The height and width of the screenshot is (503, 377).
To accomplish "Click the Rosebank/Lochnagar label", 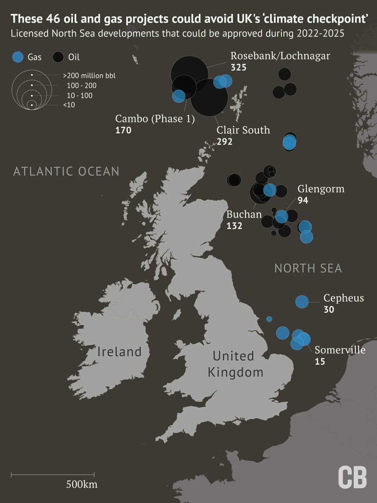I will (x=280, y=56).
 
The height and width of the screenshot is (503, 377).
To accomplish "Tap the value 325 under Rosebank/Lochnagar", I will (x=238, y=67).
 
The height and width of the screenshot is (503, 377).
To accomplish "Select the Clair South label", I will (x=243, y=130).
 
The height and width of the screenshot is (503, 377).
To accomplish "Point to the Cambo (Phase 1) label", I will (x=155, y=119).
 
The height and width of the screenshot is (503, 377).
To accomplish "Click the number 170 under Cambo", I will (x=123, y=130).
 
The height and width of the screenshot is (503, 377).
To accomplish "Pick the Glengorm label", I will (x=321, y=189).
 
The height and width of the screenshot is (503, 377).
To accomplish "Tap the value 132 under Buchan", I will (x=235, y=226).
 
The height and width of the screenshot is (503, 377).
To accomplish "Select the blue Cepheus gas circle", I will (x=302, y=301).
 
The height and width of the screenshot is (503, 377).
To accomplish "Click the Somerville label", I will (x=340, y=350).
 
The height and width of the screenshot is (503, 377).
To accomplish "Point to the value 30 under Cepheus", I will (x=329, y=310).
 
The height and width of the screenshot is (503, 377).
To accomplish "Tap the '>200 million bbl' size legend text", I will (x=89, y=76).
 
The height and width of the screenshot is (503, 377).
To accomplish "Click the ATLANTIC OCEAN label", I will (x=66, y=171).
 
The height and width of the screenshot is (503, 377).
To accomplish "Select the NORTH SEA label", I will (x=308, y=268).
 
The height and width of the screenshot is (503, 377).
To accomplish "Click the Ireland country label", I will (x=119, y=352).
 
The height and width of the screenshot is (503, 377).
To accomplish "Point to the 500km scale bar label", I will (x=82, y=485).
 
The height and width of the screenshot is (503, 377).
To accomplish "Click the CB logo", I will (x=352, y=477).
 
